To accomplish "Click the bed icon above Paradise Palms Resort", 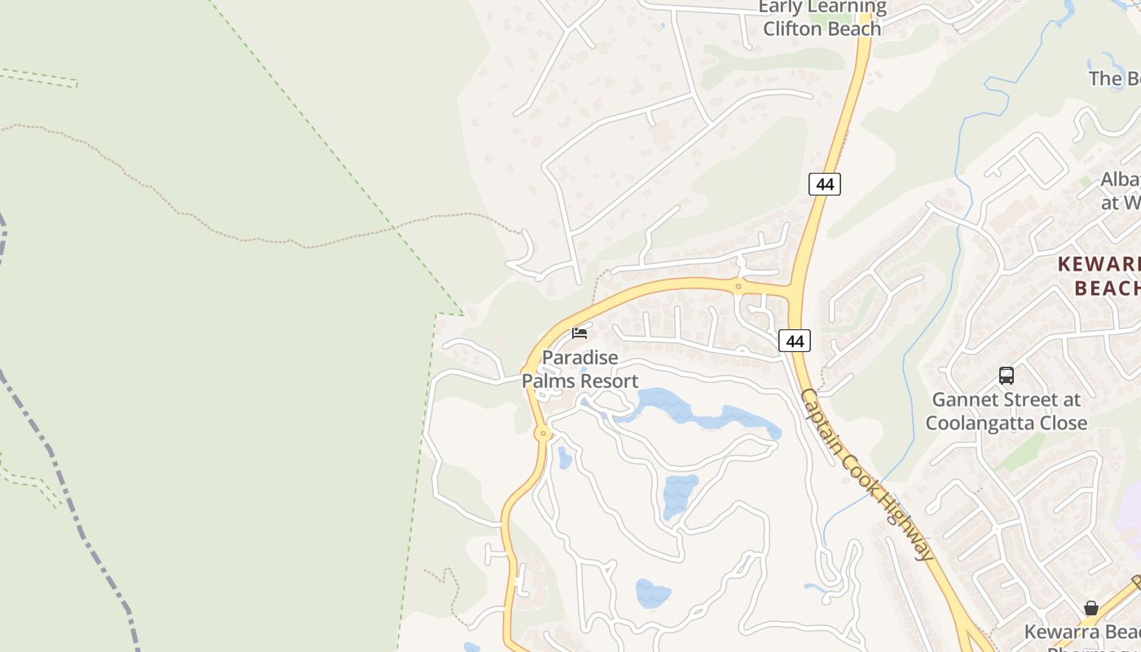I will click(x=579, y=333).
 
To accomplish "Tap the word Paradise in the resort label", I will click(x=580, y=358).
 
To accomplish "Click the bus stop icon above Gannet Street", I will click(x=1007, y=376).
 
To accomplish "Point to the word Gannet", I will click(x=962, y=400).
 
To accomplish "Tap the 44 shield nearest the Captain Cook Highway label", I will click(x=795, y=341).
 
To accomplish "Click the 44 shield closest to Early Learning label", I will click(x=825, y=184).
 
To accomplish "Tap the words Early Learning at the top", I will click(x=822, y=7).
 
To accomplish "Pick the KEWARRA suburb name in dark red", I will click(x=1099, y=264).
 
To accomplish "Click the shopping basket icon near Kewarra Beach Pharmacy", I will click(x=1090, y=608).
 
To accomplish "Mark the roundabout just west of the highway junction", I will click(x=738, y=286).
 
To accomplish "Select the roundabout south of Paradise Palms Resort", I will click(x=543, y=434).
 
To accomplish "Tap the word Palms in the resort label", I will click(x=551, y=381).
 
